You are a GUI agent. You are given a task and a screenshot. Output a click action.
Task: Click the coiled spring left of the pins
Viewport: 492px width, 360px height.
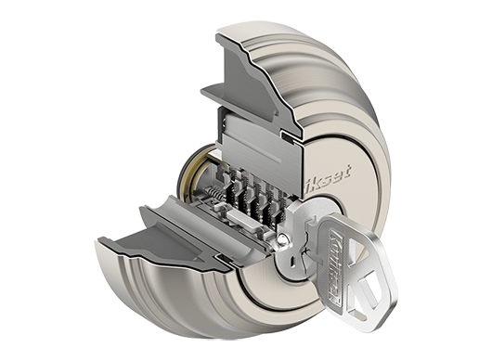(213, 193)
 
